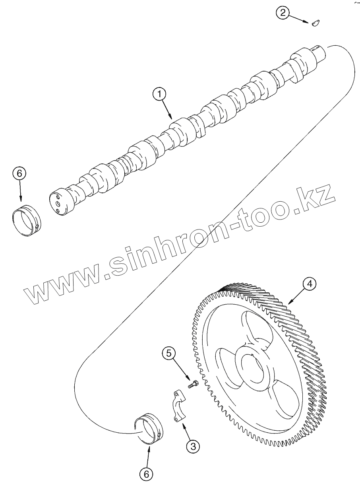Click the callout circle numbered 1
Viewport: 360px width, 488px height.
(x=159, y=94)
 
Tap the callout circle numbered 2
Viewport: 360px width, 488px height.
(x=283, y=13)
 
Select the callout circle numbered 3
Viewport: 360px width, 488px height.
(x=193, y=446)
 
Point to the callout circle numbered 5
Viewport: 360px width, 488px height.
(x=168, y=353)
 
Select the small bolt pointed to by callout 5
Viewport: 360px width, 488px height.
(x=193, y=385)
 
